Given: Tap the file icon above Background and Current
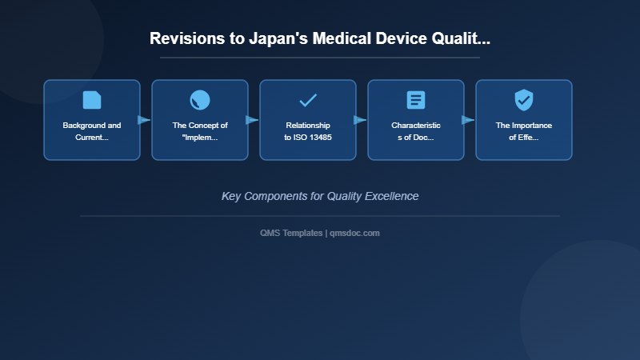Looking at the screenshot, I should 92,100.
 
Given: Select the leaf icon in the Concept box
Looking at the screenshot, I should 200,100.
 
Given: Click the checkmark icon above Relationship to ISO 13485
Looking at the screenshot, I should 308,100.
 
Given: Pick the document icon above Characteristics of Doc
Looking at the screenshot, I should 416,100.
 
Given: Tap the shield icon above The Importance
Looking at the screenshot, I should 524,100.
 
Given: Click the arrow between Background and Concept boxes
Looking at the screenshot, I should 144,120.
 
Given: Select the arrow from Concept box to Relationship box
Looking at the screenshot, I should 252,120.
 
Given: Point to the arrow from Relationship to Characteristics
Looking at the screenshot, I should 360,120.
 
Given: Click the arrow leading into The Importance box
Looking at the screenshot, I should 468,120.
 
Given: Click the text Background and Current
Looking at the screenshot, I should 92,131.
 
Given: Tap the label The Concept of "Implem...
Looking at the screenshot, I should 200,131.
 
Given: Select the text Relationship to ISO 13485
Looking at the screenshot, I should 308,131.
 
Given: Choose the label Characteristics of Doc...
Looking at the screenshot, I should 416,131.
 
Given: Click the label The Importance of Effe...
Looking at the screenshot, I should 524,131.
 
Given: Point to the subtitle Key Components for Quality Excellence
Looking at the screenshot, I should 320,196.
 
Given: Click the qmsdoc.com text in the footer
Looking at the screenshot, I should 354,233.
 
